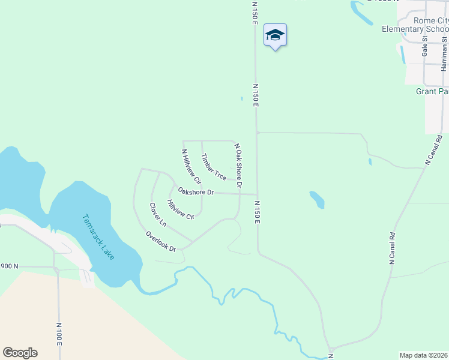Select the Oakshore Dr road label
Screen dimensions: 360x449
(196, 192)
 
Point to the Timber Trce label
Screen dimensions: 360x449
(213, 167)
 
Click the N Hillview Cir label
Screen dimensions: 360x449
(191, 166)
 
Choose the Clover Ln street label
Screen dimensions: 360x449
(158, 214)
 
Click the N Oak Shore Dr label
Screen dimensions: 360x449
(238, 166)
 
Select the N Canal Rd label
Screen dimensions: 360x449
(393, 248)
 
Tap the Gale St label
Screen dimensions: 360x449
(424, 46)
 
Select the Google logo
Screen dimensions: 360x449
(20, 353)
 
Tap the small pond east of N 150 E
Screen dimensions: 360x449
(317, 200)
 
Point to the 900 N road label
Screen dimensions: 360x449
(10, 266)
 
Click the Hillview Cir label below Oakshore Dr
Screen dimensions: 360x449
(181, 211)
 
